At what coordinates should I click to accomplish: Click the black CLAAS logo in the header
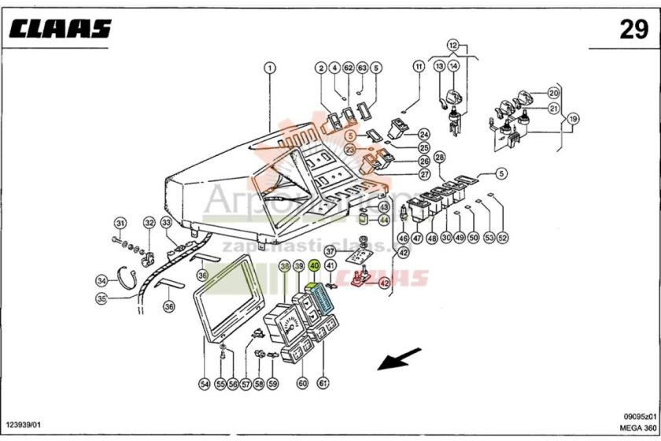[x=61, y=30]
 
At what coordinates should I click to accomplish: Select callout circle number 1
[x=270, y=68]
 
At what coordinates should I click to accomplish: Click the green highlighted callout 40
[x=314, y=266]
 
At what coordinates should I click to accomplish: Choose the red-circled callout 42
[x=384, y=283]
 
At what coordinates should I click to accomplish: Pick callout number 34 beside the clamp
[x=102, y=280]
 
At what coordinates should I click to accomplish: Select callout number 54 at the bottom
[x=205, y=384]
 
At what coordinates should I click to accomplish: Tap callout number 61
[x=323, y=384]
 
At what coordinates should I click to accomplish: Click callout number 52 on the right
[x=502, y=237]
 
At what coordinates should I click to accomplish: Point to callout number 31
[x=120, y=223]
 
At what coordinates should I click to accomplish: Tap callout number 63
[x=362, y=68]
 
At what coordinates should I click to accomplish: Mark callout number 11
[x=419, y=68]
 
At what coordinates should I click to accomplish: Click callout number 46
[x=402, y=237]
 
